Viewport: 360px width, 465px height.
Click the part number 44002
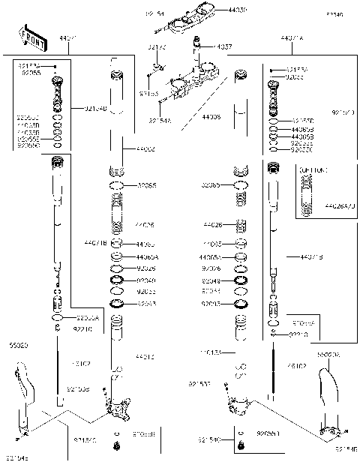[145, 150]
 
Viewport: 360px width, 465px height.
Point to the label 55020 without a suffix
[19, 346]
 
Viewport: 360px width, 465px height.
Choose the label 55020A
[329, 353]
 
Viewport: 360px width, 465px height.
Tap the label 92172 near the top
[156, 46]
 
